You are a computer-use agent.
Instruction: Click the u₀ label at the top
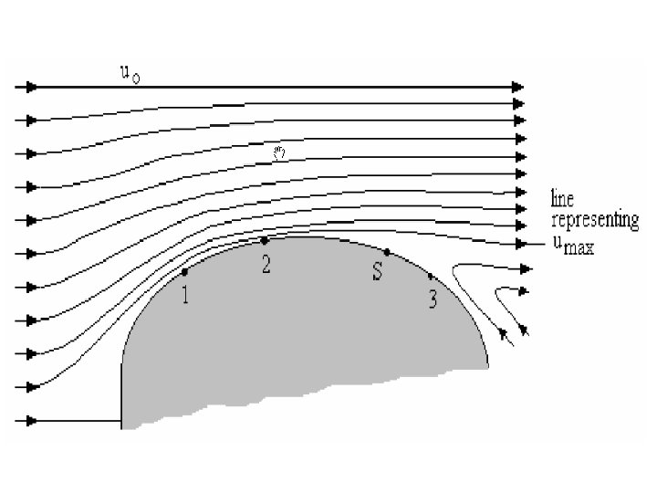130,73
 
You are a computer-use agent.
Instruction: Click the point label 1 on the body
186,296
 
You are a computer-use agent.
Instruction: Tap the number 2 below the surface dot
266,265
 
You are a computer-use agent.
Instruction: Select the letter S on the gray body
376,273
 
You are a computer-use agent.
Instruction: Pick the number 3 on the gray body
433,299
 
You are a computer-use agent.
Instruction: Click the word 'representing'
594,221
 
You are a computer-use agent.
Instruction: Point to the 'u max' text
572,246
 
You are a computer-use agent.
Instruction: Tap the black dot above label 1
185,272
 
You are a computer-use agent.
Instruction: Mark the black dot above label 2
265,241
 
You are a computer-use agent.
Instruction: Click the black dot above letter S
387,252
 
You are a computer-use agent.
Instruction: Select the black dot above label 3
431,276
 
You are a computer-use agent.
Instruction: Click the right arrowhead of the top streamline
518,88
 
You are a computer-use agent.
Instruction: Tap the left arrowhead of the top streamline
31,88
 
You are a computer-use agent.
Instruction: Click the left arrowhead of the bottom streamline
31,421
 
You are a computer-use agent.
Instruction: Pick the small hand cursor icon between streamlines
280,153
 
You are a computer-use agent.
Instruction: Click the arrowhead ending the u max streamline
523,244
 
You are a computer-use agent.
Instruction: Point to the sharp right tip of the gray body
487,365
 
